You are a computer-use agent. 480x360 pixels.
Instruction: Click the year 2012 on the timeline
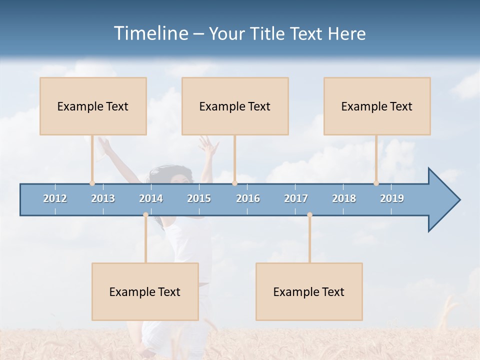pyautogui.click(x=55, y=198)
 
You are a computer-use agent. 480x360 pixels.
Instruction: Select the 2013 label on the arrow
pyautogui.click(x=103, y=198)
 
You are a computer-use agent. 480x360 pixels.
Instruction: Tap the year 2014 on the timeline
pyautogui.click(x=151, y=198)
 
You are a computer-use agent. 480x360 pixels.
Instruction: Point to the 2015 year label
pyautogui.click(x=199, y=198)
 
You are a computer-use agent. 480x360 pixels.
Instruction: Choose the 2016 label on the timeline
pyautogui.click(x=248, y=198)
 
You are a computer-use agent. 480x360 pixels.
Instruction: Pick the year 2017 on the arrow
pyautogui.click(x=296, y=198)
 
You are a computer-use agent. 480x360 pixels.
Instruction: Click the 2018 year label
pyautogui.click(x=344, y=198)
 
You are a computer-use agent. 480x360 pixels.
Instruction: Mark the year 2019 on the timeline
pyautogui.click(x=392, y=198)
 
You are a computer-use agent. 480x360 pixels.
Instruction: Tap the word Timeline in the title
pyautogui.click(x=150, y=33)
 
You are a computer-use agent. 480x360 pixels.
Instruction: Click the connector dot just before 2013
pyautogui.click(x=92, y=183)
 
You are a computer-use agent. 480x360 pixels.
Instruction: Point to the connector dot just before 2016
pyautogui.click(x=234, y=183)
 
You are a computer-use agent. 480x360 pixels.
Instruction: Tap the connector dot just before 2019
pyautogui.click(x=376, y=183)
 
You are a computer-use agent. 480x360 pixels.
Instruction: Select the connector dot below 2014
pyautogui.click(x=145, y=215)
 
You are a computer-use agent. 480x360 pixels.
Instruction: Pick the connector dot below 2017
pyautogui.click(x=309, y=215)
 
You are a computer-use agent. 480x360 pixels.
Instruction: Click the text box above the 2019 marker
pyautogui.click(x=377, y=106)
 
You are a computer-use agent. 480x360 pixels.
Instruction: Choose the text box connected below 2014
pyautogui.click(x=145, y=291)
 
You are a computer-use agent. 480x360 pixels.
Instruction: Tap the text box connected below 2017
pyautogui.click(x=309, y=291)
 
